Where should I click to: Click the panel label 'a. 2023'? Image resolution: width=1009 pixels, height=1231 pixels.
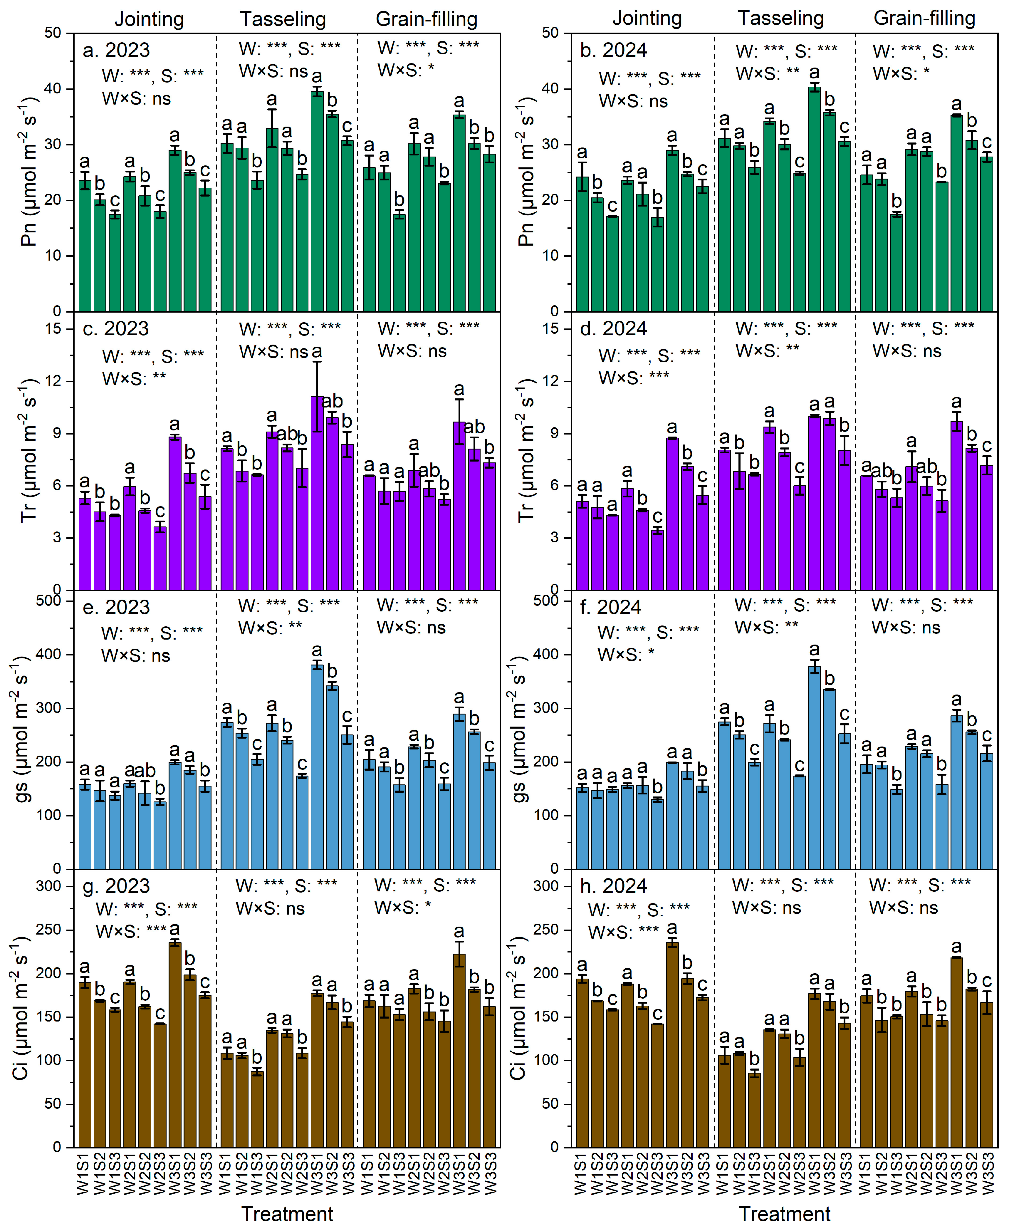coord(116,51)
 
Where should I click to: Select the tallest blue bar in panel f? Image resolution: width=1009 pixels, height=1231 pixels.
coord(814,767)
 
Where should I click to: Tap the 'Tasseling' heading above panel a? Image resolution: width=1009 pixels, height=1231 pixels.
coord(283,19)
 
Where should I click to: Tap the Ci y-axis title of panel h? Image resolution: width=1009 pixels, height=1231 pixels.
coord(518,1008)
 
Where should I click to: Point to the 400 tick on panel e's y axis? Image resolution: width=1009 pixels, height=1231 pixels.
coord(49,655)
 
